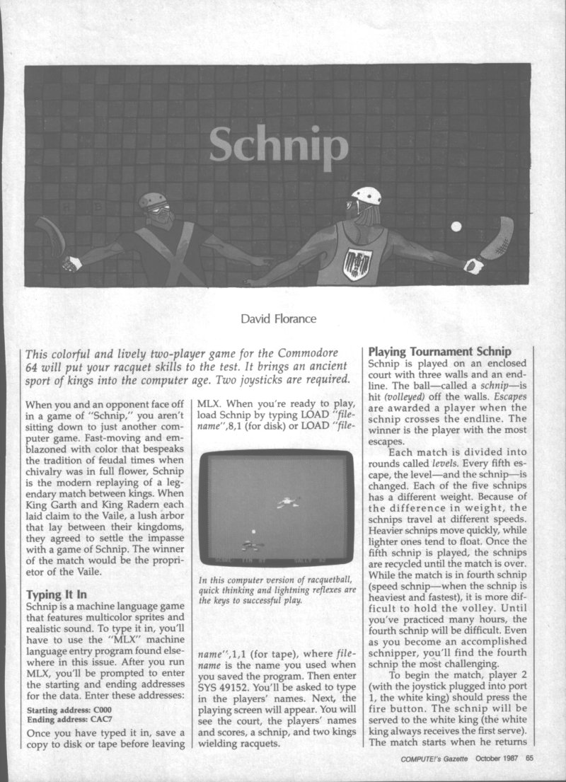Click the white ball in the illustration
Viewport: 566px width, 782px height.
coord(456,226)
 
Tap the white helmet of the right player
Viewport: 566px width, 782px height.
coord(366,195)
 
